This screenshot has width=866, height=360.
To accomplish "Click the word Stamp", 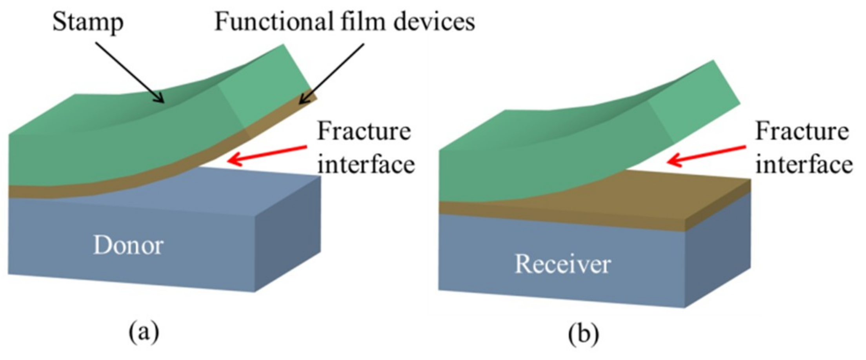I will (x=88, y=22).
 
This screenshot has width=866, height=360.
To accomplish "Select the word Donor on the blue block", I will (x=128, y=245).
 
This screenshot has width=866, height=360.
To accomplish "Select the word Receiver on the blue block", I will (x=562, y=264).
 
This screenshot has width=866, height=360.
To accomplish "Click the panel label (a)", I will (x=144, y=332).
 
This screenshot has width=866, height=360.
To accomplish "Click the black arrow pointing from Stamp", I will (x=129, y=73).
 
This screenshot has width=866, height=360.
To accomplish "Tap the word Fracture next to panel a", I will (x=364, y=131).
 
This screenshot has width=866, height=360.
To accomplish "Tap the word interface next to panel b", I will (x=804, y=164).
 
